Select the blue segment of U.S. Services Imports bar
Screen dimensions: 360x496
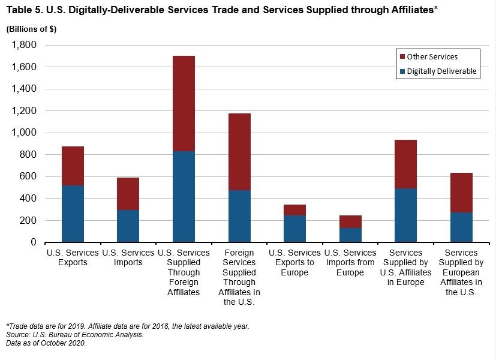point(128,226)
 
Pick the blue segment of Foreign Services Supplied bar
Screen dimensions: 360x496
point(239,216)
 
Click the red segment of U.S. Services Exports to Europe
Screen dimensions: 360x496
point(294,210)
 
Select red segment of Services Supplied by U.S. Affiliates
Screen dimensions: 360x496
point(405,164)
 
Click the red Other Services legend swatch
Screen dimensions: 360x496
point(402,57)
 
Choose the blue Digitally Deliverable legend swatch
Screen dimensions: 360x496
point(402,71)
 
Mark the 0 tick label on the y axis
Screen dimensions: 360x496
point(34,242)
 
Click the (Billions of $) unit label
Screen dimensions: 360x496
point(31,30)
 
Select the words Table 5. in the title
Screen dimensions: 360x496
point(23,10)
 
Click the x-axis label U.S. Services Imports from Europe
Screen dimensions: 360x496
point(350,263)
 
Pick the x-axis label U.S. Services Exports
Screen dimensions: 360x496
point(73,257)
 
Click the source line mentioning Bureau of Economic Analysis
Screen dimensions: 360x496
point(74,334)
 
